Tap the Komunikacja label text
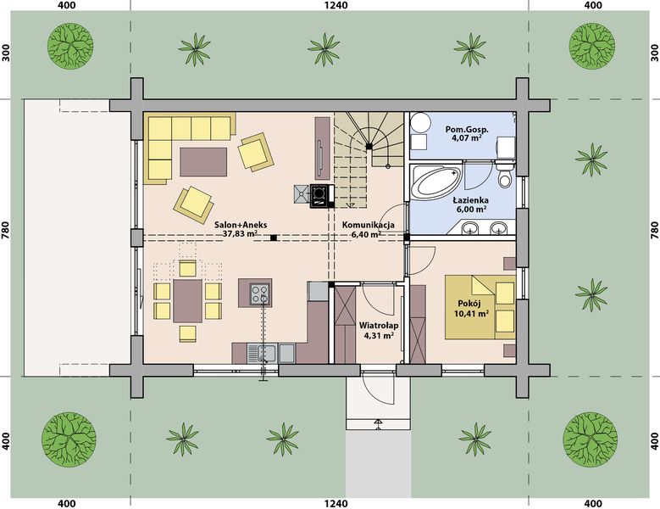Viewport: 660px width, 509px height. click(369, 225)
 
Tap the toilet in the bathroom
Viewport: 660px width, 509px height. click(504, 174)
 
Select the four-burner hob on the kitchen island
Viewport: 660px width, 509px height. click(260, 294)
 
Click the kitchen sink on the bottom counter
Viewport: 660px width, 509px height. click(262, 353)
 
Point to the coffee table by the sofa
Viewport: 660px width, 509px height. click(203, 162)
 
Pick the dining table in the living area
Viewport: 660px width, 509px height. click(188, 301)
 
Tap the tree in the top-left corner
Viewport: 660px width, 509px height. click(69, 46)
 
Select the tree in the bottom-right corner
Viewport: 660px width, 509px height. click(591, 438)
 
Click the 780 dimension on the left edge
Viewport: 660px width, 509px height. click(5, 230)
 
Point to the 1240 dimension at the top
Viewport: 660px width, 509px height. click(336, 5)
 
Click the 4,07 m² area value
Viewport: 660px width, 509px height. click(469, 137)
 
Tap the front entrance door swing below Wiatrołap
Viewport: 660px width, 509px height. click(378, 389)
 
